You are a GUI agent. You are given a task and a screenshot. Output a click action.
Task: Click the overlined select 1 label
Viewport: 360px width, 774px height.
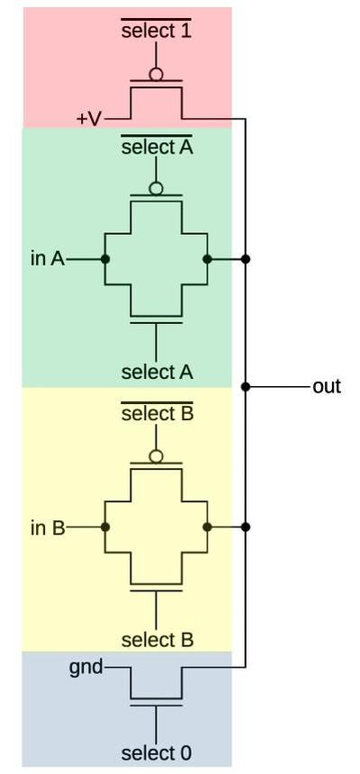click(156, 31)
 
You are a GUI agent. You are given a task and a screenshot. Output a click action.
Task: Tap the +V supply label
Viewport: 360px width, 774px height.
click(89, 119)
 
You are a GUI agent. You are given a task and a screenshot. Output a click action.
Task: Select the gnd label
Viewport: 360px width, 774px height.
click(86, 668)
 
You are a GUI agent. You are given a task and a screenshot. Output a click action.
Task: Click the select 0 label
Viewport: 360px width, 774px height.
click(157, 752)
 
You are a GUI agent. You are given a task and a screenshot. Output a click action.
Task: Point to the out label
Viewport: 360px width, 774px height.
click(327, 387)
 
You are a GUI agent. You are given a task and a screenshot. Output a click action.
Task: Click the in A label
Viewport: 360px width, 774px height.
click(47, 259)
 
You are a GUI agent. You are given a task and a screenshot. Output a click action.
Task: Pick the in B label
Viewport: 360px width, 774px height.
click(47, 527)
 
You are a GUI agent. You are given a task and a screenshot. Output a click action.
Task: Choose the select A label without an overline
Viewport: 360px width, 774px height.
click(157, 372)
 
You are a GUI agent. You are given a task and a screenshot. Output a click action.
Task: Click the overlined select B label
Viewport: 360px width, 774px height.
click(157, 415)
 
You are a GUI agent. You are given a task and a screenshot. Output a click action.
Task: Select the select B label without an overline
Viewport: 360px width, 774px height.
click(157, 640)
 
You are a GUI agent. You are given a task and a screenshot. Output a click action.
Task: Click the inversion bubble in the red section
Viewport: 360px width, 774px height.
click(157, 75)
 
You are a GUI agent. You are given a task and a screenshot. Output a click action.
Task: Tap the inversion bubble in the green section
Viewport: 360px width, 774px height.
click(157, 188)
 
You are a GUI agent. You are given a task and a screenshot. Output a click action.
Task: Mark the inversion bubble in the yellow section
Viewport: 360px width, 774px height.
click(157, 456)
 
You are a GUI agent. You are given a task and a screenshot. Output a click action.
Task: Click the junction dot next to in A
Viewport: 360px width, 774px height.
click(105, 259)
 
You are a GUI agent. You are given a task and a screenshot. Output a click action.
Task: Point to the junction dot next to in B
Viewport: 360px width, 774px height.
click(105, 527)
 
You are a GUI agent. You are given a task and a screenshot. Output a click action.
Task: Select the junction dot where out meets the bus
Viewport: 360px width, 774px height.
click(246, 387)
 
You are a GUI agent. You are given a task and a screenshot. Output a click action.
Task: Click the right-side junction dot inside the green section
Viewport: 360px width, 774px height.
click(208, 259)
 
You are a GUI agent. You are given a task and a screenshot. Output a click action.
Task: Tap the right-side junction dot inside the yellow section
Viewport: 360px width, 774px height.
click(208, 527)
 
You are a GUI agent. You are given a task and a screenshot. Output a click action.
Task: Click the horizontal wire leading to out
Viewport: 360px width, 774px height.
click(279, 387)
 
